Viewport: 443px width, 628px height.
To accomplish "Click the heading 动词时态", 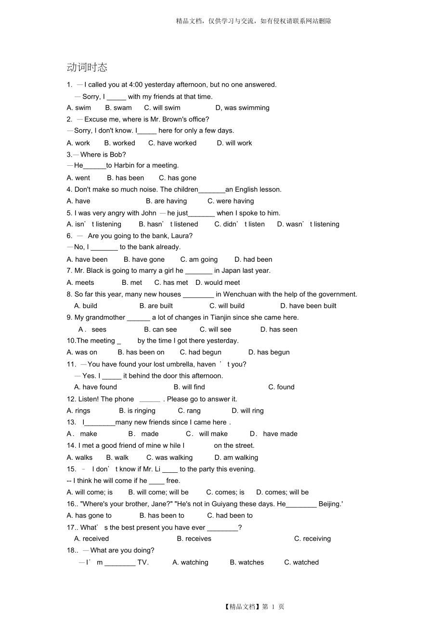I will (x=87, y=67).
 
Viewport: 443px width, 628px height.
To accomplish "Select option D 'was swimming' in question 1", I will (x=242, y=108).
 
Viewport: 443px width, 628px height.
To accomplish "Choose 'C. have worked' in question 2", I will (x=172, y=143).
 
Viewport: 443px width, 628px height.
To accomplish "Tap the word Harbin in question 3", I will (x=124, y=165).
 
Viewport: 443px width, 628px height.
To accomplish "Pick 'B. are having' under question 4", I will (x=167, y=201).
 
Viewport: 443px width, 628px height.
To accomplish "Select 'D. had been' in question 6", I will (x=253, y=259).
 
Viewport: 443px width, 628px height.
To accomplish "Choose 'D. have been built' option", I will (x=308, y=306).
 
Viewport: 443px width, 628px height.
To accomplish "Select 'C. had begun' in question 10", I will (x=201, y=352).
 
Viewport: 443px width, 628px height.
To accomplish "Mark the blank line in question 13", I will (x=100, y=423).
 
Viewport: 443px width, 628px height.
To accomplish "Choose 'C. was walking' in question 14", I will (x=169, y=458).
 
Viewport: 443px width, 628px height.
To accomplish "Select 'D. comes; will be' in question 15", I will (x=282, y=493).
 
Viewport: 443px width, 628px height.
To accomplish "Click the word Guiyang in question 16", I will (x=225, y=504).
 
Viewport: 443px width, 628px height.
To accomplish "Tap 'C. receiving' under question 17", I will (x=313, y=539).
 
